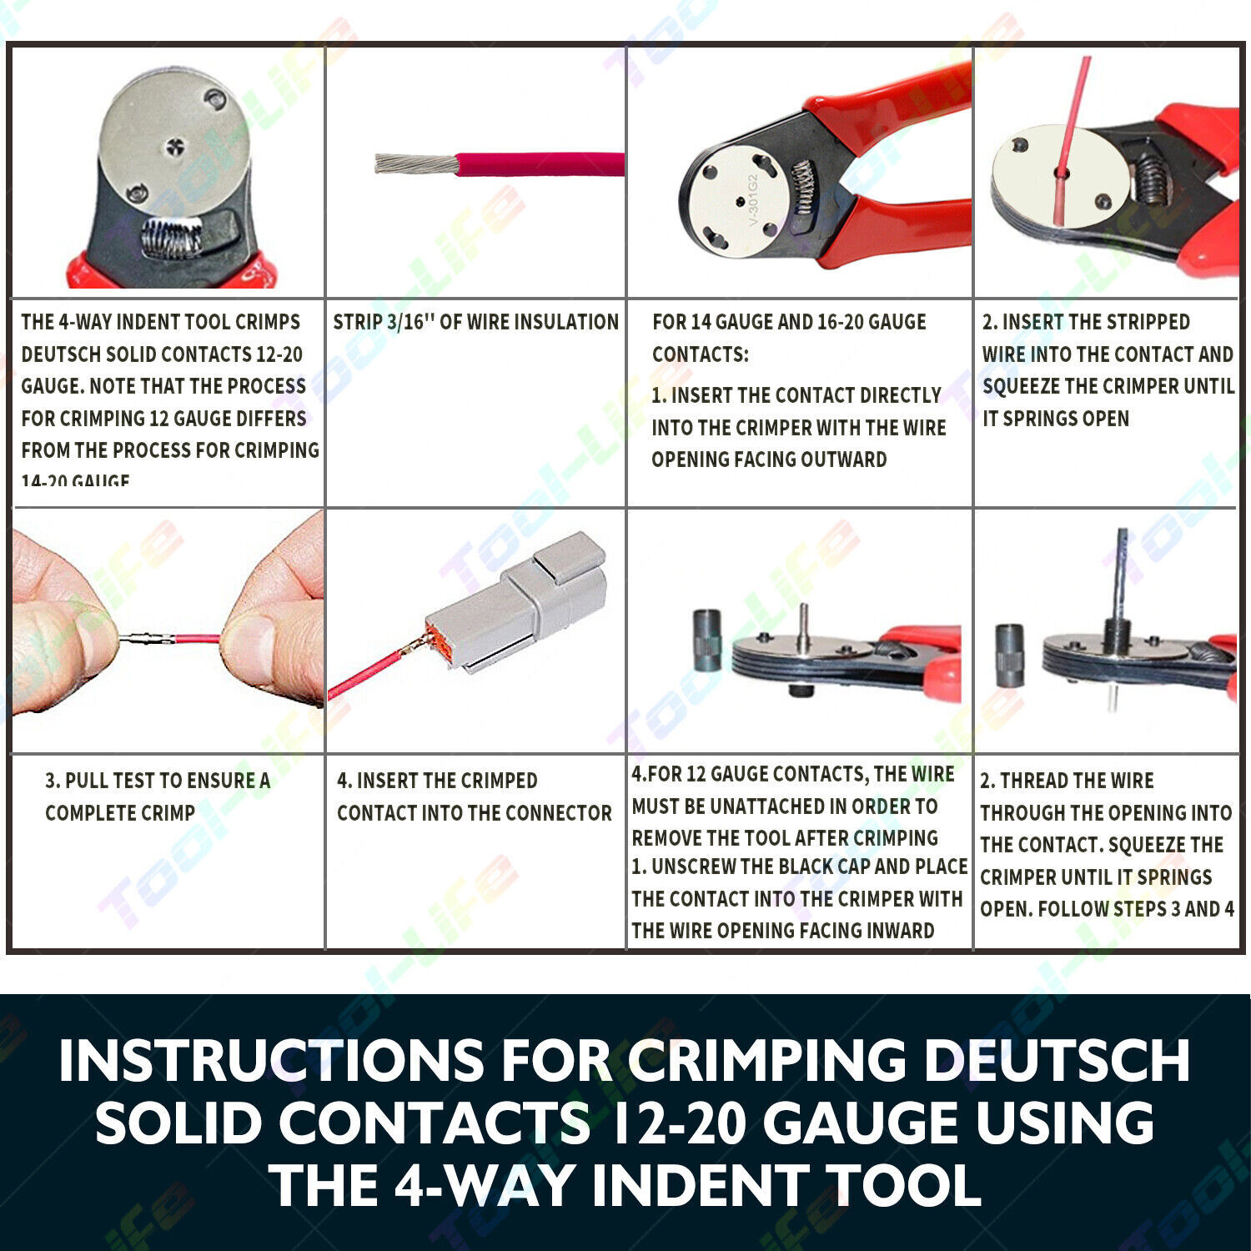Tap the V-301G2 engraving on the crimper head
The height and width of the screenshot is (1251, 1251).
pyautogui.click(x=752, y=201)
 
